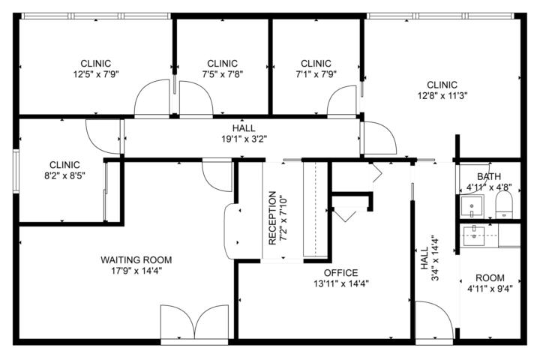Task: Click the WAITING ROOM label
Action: [136, 259]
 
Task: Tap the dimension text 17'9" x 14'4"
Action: [136, 271]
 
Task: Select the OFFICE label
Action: [341, 273]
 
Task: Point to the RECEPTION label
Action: [272, 217]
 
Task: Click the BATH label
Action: [489, 176]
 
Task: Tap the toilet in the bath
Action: [504, 205]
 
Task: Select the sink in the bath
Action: [472, 206]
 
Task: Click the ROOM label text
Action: [490, 277]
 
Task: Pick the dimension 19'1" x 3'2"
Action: [244, 139]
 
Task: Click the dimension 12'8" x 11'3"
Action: [442, 96]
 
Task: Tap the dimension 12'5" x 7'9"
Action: [96, 74]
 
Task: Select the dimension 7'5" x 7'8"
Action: [223, 74]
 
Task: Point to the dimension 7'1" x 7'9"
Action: [316, 74]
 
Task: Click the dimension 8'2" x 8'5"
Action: [64, 175]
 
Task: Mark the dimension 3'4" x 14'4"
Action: [435, 259]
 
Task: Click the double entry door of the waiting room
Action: [194, 323]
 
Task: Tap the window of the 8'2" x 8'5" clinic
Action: [16, 170]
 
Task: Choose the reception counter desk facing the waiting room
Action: [232, 231]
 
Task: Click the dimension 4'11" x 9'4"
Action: [490, 289]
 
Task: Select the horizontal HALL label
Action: [244, 128]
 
